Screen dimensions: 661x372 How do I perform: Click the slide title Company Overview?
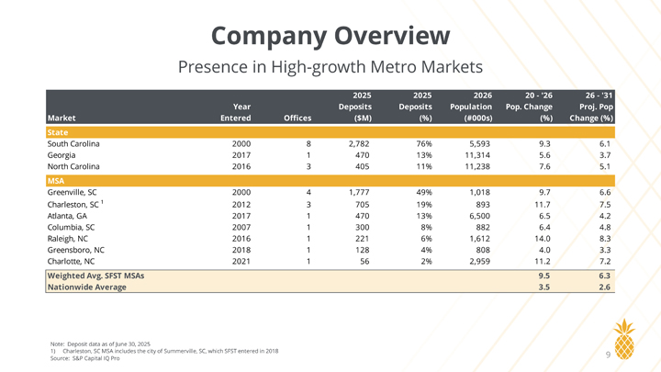tap(330, 36)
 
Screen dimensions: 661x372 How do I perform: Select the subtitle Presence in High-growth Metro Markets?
tap(330, 67)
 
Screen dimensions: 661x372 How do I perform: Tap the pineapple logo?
tap(624, 339)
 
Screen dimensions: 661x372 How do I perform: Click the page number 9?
tap(608, 355)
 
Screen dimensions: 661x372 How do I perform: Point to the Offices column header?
tap(297, 118)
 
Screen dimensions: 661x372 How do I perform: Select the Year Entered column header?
tap(236, 113)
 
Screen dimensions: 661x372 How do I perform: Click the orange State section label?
tap(58, 132)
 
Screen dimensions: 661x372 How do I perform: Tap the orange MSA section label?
tap(56, 181)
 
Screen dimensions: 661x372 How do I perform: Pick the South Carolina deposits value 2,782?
tap(359, 144)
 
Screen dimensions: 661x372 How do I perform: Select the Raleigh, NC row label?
tap(67, 239)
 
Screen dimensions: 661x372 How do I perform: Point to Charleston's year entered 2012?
tap(241, 205)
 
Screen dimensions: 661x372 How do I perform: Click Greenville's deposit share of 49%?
tap(424, 192)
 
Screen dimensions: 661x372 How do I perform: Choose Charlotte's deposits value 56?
tap(364, 262)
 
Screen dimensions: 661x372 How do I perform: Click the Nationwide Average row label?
tap(87, 287)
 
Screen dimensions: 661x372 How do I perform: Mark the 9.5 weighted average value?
tap(544, 276)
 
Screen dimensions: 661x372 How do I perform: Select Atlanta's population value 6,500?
tap(480, 216)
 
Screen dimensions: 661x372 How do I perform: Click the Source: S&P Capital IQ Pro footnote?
tap(85, 358)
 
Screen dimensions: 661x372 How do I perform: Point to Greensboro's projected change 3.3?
tap(605, 250)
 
